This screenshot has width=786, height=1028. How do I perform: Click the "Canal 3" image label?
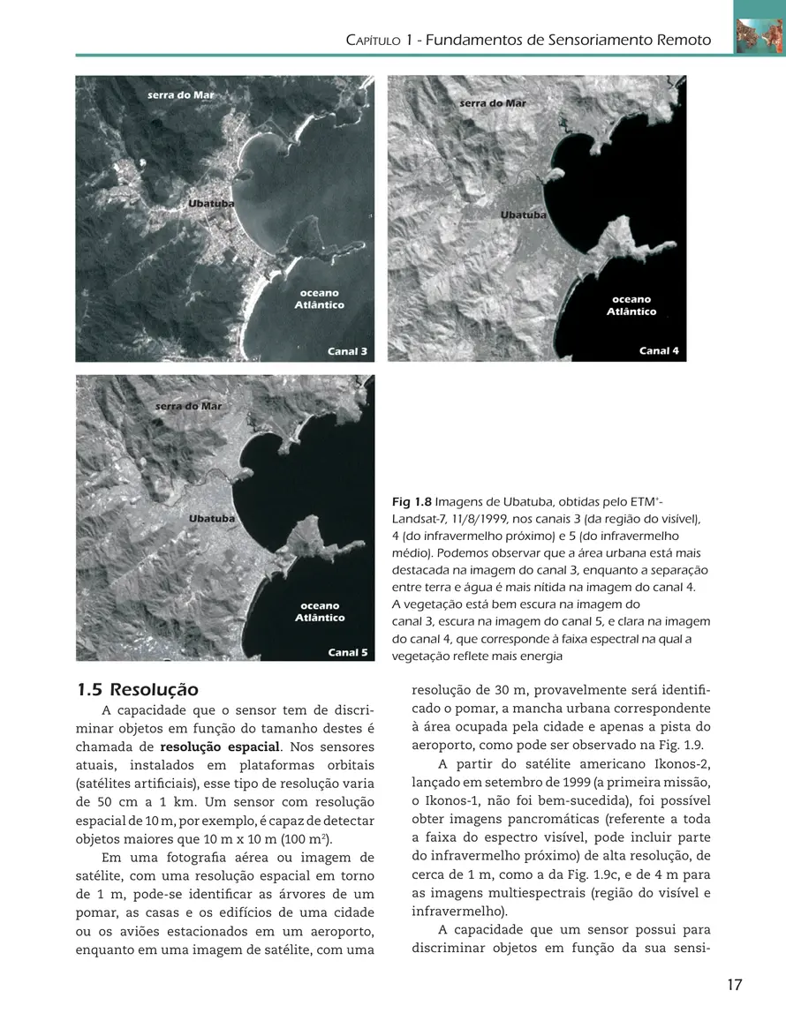tap(347, 351)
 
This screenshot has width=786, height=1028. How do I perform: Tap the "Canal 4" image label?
tap(659, 350)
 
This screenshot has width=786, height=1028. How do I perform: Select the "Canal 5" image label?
tap(347, 653)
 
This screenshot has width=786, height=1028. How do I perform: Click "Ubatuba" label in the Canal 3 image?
tap(211, 204)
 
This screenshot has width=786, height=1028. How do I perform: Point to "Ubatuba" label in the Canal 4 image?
tap(523, 214)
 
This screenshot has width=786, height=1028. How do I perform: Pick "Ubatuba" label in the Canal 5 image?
tap(212, 519)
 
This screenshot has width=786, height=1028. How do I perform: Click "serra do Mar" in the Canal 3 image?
tap(180, 94)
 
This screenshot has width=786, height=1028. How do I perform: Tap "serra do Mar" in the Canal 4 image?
tap(493, 103)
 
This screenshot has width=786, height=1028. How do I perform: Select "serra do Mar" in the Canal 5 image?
tap(189, 406)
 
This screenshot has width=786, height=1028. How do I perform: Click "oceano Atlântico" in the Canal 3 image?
tap(319, 298)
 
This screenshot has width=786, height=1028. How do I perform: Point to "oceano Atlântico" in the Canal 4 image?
tap(631, 305)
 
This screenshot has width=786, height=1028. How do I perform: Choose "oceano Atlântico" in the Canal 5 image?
tap(320, 612)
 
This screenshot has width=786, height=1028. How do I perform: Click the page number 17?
tap(735, 985)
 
